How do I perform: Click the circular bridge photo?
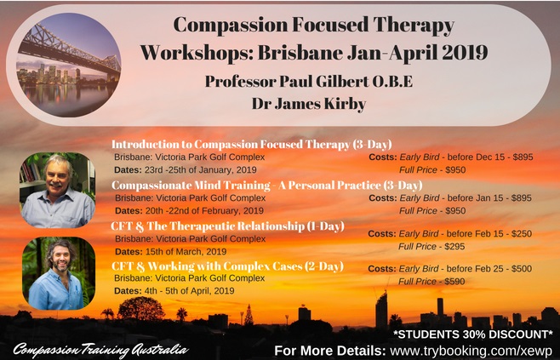(69, 65)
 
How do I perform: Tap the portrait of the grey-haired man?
(58, 190)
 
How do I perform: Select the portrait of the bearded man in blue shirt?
(59, 273)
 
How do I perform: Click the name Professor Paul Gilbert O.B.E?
(309, 82)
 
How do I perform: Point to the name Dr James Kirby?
(309, 104)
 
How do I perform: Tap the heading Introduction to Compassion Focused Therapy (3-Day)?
(251, 144)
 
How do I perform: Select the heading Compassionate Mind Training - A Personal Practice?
(246, 185)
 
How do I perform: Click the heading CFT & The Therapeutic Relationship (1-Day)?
(227, 226)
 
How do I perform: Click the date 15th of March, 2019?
(186, 251)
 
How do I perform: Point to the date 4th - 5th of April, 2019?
(189, 291)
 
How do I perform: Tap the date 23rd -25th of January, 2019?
(200, 169)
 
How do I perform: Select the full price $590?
(454, 282)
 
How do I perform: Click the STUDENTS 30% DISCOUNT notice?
(473, 334)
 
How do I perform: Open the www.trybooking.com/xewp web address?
(471, 351)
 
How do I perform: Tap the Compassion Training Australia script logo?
(101, 350)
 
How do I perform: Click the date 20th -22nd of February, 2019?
(204, 211)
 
